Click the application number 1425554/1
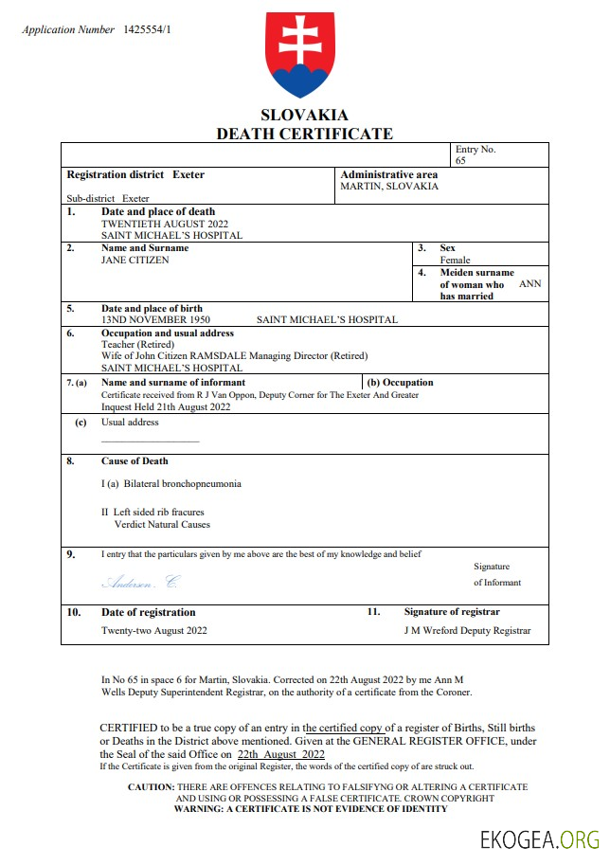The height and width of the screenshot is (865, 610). pyautogui.click(x=148, y=30)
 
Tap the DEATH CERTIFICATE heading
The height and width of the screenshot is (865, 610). pyautogui.click(x=304, y=134)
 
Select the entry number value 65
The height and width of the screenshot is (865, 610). pyautogui.click(x=460, y=161)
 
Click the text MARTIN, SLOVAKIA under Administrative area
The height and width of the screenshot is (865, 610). pyautogui.click(x=389, y=187)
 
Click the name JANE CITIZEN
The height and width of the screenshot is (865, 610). pyautogui.click(x=135, y=260)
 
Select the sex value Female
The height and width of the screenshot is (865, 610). pyautogui.click(x=455, y=260)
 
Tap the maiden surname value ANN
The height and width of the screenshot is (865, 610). pyautogui.click(x=530, y=284)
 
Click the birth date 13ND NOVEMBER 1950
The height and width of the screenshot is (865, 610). pyautogui.click(x=155, y=320)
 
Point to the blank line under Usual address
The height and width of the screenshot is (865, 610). pyautogui.click(x=150, y=442)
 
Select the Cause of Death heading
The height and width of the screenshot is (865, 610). pyautogui.click(x=135, y=461)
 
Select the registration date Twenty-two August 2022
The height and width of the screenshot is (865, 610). pyautogui.click(x=154, y=631)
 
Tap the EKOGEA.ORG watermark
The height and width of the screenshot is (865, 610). pyautogui.click(x=541, y=839)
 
